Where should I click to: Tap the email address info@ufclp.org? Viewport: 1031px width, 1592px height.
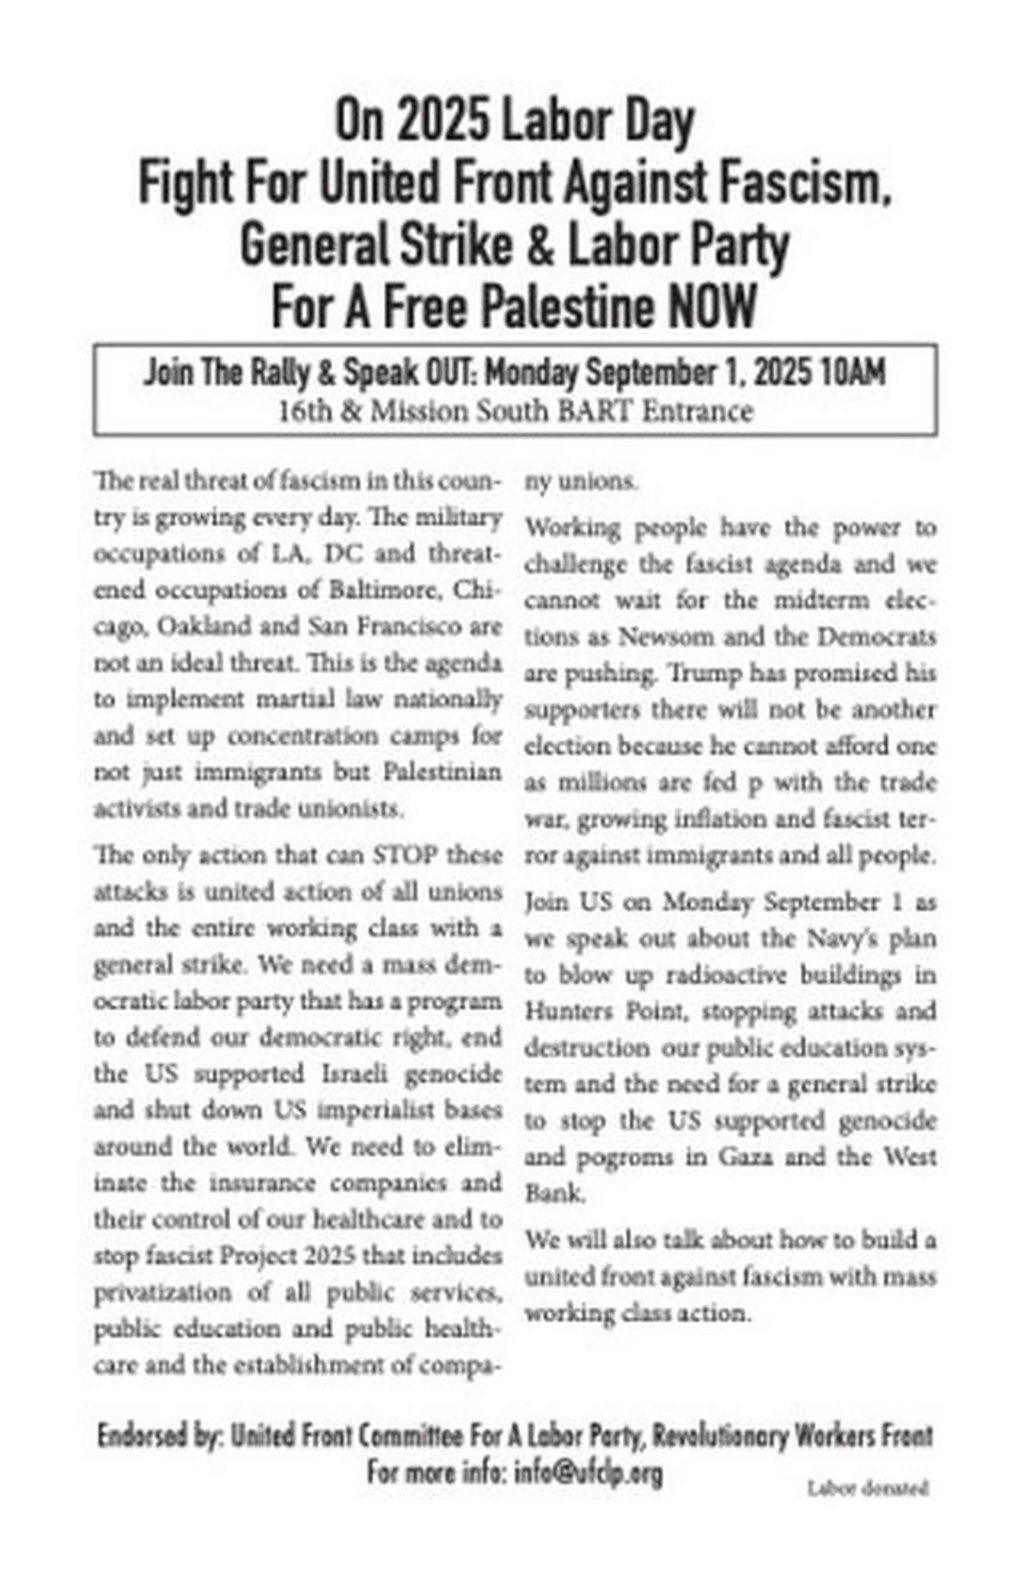pyautogui.click(x=589, y=1473)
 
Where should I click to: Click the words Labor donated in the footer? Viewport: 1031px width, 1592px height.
pyautogui.click(x=868, y=1488)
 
